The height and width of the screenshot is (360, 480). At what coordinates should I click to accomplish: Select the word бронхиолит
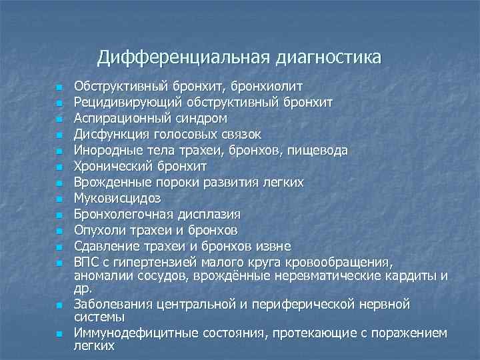click(x=269, y=87)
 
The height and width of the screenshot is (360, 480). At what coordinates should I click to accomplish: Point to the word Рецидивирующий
click(x=119, y=103)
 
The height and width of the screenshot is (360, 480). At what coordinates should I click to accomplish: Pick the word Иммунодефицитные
click(x=128, y=333)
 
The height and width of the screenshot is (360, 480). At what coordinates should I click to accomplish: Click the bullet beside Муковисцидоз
click(x=59, y=199)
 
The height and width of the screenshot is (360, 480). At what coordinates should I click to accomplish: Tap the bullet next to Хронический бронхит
click(x=59, y=167)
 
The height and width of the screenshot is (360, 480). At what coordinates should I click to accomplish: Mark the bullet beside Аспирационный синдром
click(x=59, y=119)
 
